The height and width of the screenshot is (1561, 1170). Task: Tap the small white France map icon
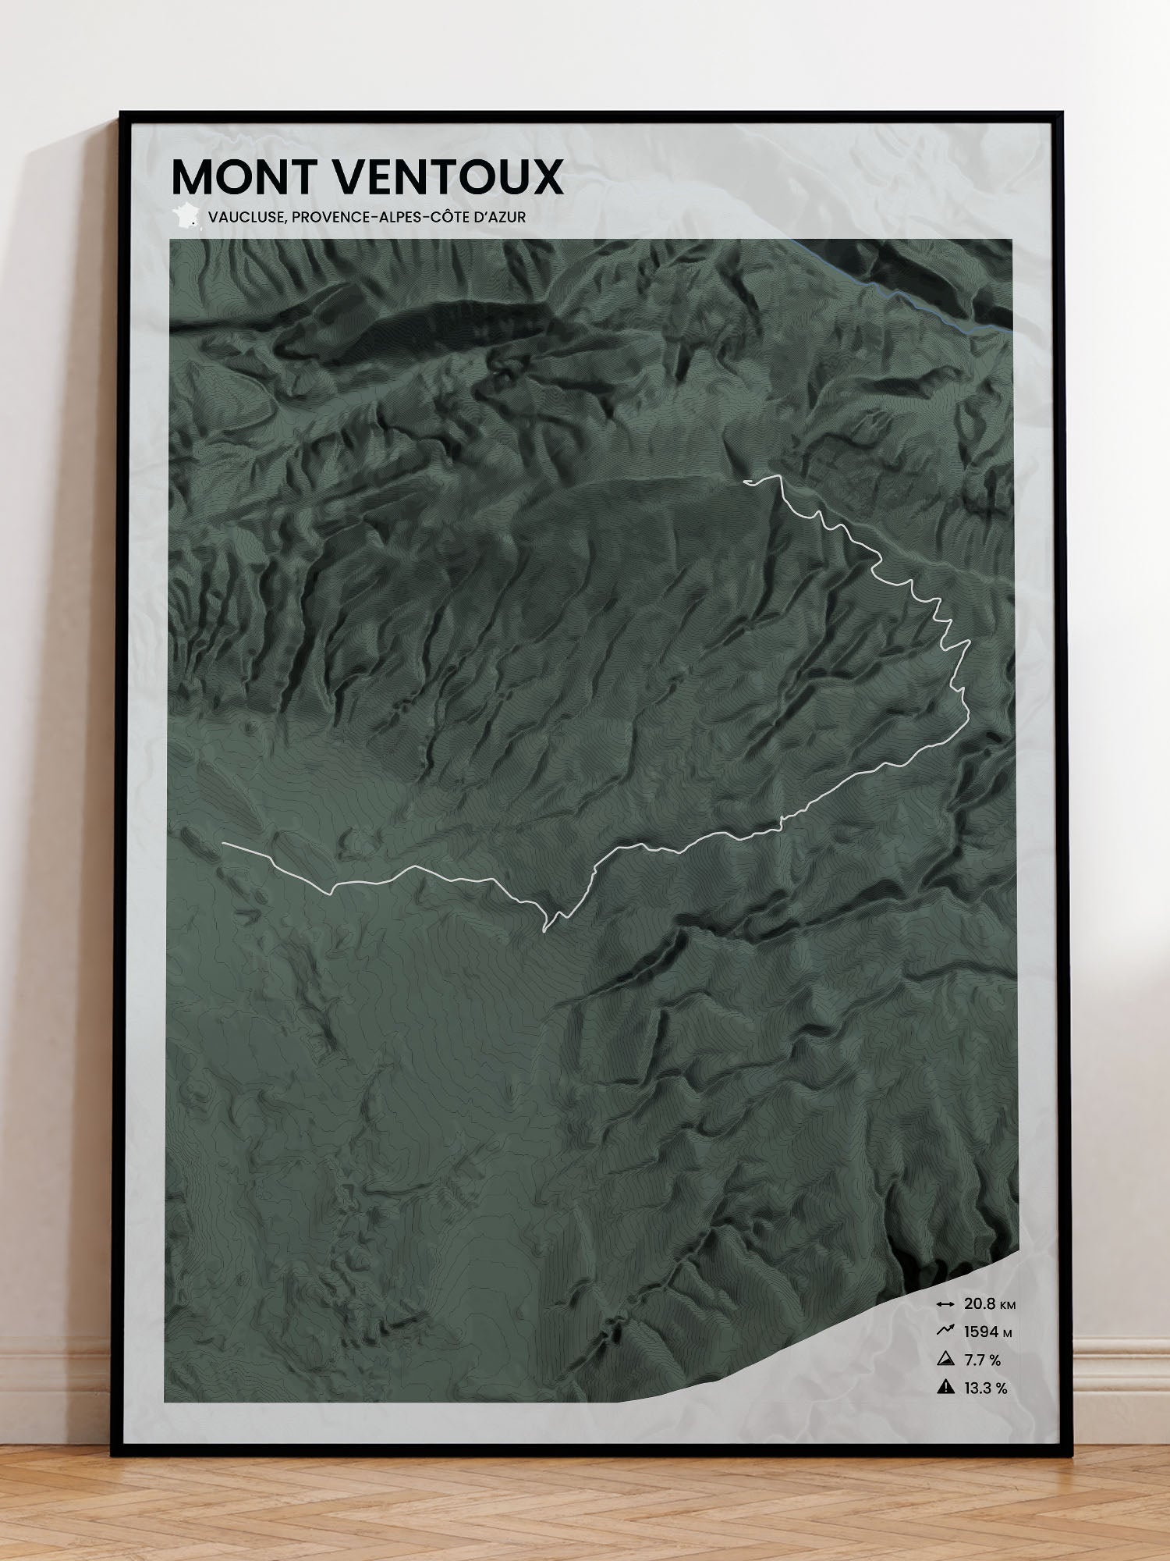tap(186, 216)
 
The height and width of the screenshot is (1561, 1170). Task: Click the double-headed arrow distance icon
tap(945, 1304)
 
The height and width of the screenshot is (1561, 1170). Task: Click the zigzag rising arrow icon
tap(945, 1331)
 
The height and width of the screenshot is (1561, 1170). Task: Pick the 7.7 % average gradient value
tap(982, 1360)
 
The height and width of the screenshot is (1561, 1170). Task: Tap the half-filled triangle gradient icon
tap(945, 1359)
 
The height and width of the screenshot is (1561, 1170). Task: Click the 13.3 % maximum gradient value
tap(985, 1388)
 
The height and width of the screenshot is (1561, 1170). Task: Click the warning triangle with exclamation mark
tap(945, 1387)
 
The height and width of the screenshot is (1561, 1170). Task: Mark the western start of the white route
tap(224, 844)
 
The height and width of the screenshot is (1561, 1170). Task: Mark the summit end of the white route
tap(746, 482)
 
